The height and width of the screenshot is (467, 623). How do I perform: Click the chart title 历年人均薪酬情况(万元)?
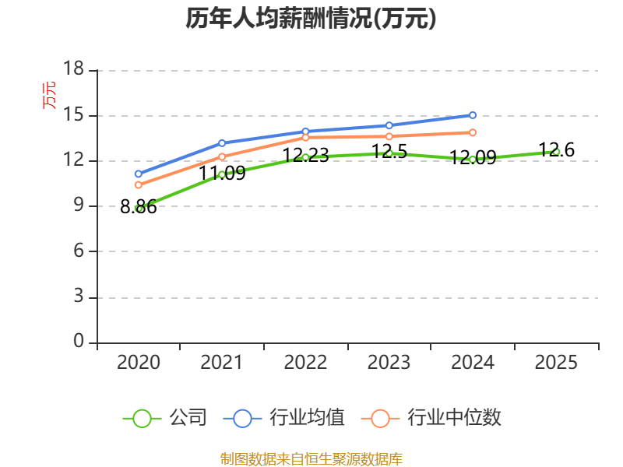(x=311, y=18)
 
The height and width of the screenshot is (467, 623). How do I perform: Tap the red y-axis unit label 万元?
(x=49, y=95)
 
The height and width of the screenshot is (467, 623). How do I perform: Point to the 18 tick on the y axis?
(x=73, y=68)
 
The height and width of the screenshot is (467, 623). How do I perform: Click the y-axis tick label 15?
(x=73, y=115)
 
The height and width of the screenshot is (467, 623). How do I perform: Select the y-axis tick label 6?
(x=79, y=251)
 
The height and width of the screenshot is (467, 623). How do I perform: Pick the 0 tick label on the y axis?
(x=79, y=341)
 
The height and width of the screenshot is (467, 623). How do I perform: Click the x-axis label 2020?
(x=139, y=362)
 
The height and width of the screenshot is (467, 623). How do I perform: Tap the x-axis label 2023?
(x=389, y=362)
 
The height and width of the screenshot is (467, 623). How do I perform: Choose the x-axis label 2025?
(x=556, y=362)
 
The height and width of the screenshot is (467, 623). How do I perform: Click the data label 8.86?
(x=139, y=207)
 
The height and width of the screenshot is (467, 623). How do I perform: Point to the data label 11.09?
(x=222, y=173)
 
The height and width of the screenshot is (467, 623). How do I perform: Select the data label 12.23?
(x=305, y=155)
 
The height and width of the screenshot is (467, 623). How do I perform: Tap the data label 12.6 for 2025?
(x=556, y=150)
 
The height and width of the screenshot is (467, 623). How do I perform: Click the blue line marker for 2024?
(x=473, y=115)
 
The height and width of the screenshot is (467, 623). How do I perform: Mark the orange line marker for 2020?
(x=139, y=184)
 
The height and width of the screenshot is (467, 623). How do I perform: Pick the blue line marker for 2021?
(x=222, y=143)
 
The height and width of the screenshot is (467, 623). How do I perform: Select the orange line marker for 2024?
(x=473, y=132)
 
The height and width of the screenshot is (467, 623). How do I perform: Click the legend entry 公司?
(x=165, y=418)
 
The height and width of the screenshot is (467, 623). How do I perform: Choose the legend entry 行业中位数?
(x=431, y=418)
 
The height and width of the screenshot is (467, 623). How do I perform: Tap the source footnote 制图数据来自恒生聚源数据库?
(x=311, y=458)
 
